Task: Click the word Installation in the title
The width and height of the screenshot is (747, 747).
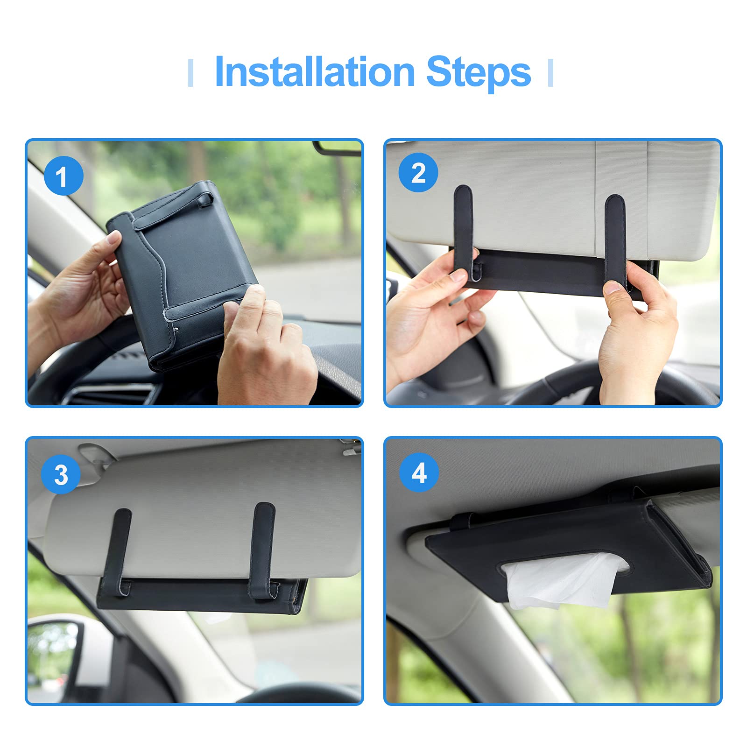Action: pyautogui.click(x=315, y=72)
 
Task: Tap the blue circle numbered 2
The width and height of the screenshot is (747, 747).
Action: pyautogui.click(x=418, y=173)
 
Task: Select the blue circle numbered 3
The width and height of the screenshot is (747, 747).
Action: pyautogui.click(x=61, y=474)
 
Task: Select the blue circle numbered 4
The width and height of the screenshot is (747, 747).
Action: pyautogui.click(x=419, y=472)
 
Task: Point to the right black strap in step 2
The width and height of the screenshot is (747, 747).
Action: pyautogui.click(x=615, y=240)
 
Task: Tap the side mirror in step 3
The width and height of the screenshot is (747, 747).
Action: pyautogui.click(x=54, y=654)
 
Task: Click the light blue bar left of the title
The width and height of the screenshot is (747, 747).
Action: pyautogui.click(x=190, y=73)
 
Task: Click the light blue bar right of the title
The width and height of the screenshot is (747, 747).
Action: pyautogui.click(x=550, y=73)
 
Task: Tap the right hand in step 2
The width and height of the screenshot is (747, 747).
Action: pyautogui.click(x=637, y=331)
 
